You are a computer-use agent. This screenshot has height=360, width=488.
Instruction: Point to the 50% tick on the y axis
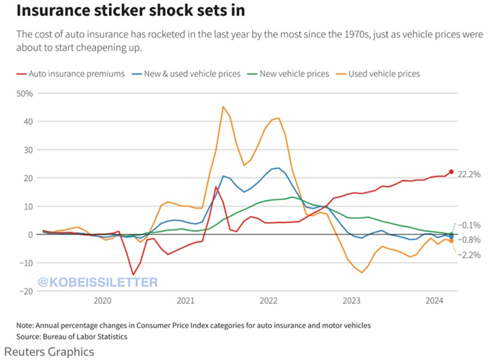pos(25,94)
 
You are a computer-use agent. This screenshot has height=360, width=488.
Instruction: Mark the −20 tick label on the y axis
pos(25,291)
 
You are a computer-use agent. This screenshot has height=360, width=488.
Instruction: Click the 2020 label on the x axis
pos(103,301)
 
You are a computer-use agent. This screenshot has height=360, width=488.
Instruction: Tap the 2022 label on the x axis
pos(268,301)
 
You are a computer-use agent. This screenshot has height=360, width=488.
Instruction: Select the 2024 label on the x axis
pos(435,301)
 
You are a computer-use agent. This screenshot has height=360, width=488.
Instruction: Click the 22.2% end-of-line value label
pos(469,174)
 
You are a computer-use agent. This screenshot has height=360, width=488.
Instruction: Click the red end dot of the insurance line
pos(451,172)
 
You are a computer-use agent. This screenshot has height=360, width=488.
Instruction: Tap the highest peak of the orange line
pos(223,107)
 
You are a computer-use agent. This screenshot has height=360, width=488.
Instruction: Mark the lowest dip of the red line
pos(134,275)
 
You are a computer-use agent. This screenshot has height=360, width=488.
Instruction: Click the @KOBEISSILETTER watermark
pos(98,283)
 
